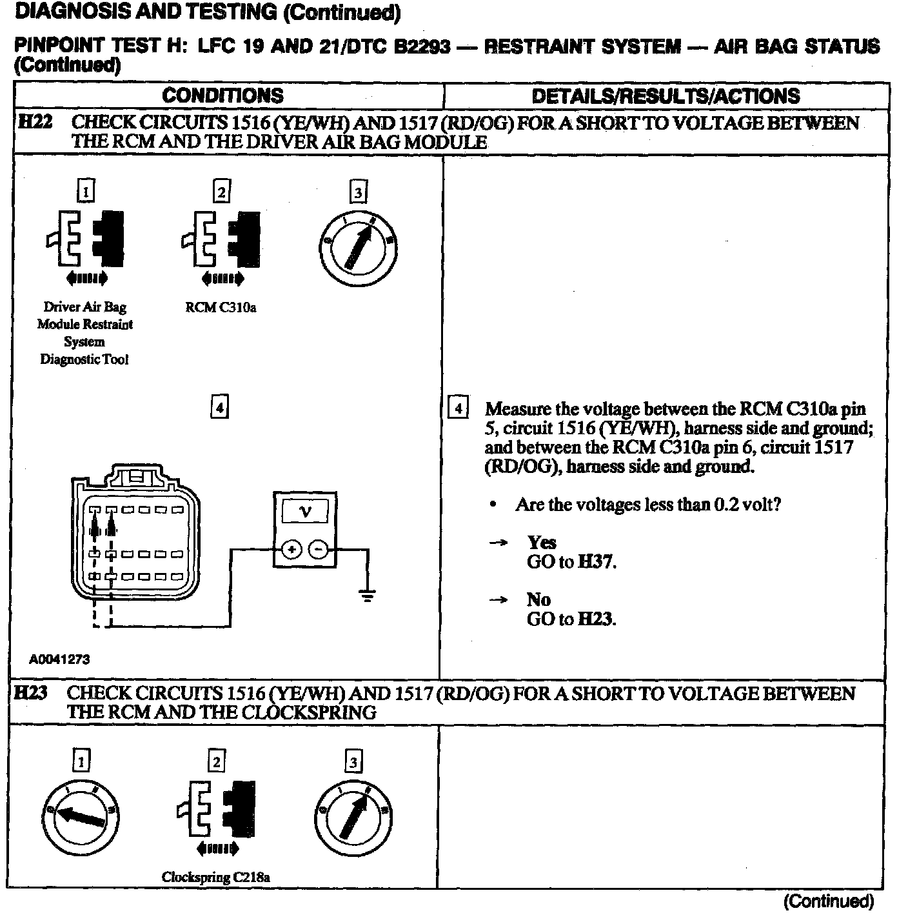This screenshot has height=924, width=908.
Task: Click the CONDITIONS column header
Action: tap(222, 95)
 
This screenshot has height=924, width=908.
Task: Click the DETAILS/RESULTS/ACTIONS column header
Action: tap(666, 96)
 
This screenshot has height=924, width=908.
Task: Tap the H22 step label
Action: tap(35, 122)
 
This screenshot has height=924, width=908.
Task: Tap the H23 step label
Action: tap(32, 693)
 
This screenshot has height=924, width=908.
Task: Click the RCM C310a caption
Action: tap(221, 307)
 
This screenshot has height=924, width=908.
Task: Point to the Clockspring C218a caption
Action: tap(215, 877)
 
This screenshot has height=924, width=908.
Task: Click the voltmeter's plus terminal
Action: tap(291, 549)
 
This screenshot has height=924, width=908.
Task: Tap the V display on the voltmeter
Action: tap(305, 512)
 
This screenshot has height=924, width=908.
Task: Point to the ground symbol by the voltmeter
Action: tap(367, 595)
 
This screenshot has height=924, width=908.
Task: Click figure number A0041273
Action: tap(59, 659)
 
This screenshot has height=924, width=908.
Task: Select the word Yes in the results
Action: tap(542, 542)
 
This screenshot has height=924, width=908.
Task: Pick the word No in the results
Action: tap(538, 599)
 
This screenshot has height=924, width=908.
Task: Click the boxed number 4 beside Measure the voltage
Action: tap(458, 408)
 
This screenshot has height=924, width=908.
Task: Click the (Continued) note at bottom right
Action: tap(828, 901)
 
